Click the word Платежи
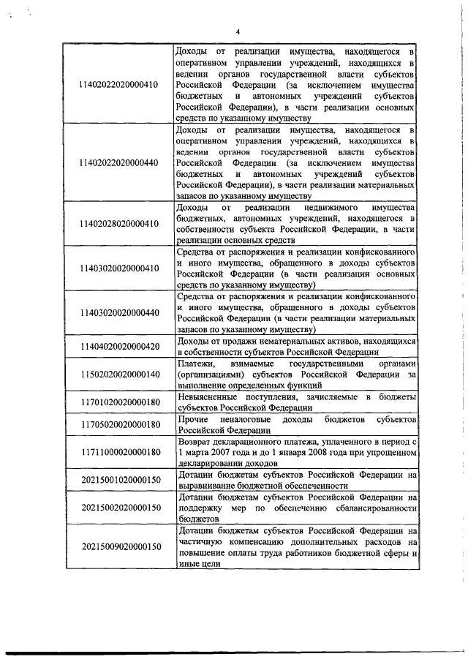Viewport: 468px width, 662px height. click(195, 364)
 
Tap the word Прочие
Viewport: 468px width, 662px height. click(192, 420)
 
